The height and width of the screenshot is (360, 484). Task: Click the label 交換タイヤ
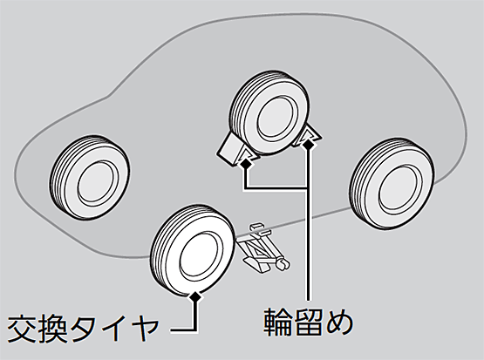(83, 329)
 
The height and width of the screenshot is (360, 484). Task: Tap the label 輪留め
(308, 323)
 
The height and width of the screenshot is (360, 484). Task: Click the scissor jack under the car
(263, 248)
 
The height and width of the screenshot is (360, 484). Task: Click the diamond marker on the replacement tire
(195, 296)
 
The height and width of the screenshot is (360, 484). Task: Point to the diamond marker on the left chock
(246, 164)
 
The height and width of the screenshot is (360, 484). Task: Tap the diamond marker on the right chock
(308, 144)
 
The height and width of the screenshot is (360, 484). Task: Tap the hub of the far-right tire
(400, 189)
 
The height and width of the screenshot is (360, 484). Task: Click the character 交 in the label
(22, 329)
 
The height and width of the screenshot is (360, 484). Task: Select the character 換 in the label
(51, 329)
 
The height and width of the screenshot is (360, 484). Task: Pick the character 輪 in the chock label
(278, 323)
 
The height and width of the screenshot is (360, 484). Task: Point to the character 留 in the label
(308, 323)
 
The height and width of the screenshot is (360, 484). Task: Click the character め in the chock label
(339, 323)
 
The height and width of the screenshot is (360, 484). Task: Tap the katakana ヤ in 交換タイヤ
(145, 329)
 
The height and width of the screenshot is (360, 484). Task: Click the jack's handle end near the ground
(283, 264)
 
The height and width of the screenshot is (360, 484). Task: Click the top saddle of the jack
(257, 228)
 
